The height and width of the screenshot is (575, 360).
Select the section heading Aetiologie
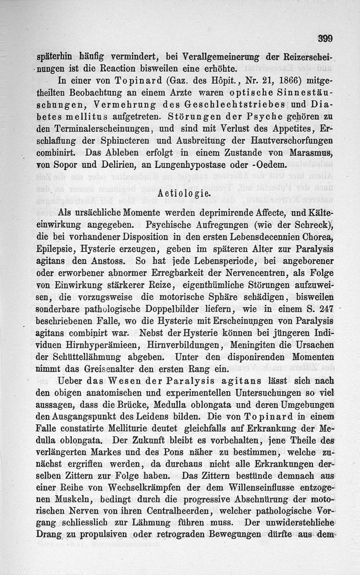coord(185,194)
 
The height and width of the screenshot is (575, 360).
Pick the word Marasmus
coord(313,151)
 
